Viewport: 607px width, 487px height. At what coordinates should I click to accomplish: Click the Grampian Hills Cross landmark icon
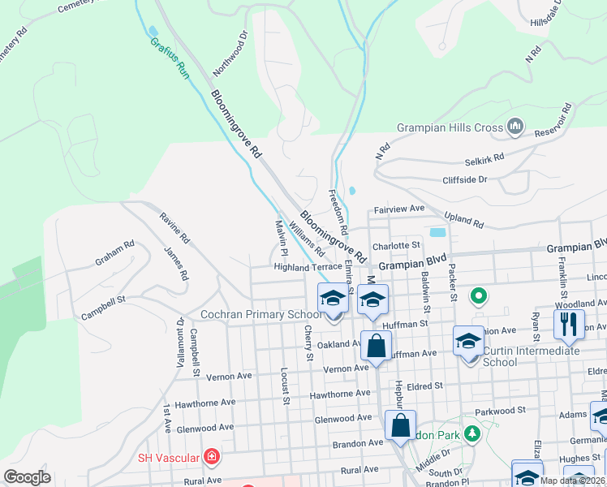[x=514, y=127]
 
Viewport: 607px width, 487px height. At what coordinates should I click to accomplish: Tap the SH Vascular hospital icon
[x=212, y=458]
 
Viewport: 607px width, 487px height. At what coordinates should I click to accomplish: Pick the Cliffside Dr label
[x=464, y=179]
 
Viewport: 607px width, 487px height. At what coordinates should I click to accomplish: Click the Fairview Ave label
[x=399, y=209]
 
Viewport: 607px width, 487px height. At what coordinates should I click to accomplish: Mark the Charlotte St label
[x=395, y=245]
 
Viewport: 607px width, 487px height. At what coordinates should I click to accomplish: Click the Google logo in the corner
[x=27, y=476]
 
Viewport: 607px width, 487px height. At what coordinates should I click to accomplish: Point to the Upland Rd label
[x=464, y=220]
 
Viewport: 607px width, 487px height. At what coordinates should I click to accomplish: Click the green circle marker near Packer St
[x=478, y=296]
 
